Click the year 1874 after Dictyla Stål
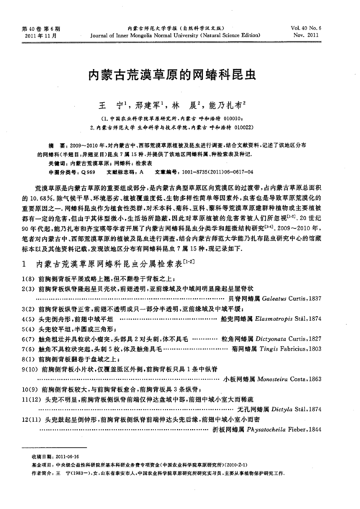[x=314, y=407]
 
